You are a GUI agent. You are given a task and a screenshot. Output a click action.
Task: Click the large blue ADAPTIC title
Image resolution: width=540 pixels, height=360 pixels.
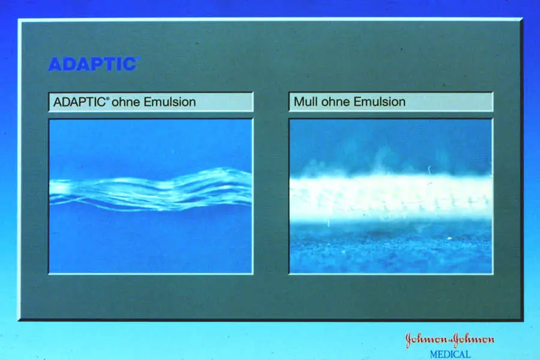click(x=92, y=64)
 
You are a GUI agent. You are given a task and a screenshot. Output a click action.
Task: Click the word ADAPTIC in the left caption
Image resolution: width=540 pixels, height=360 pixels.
click(x=79, y=102)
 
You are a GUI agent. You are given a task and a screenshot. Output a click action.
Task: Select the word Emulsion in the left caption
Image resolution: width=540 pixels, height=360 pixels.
click(x=170, y=102)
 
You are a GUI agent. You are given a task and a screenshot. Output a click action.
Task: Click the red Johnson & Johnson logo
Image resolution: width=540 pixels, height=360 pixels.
click(x=450, y=340)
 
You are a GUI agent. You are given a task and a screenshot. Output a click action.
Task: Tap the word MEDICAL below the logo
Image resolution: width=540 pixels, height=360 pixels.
click(x=450, y=355)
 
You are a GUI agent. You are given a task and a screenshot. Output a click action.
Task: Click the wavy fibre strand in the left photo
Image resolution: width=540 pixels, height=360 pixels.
click(x=151, y=190)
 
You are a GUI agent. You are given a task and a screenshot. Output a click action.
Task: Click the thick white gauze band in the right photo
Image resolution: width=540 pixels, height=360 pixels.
click(x=391, y=196)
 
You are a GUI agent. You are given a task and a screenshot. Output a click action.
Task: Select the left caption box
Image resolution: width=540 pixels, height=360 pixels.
click(x=151, y=102)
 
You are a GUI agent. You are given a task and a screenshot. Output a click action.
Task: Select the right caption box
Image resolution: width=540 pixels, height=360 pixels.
click(x=391, y=101)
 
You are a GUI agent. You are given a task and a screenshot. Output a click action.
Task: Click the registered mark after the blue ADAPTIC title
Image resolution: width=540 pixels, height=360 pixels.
click(x=139, y=59)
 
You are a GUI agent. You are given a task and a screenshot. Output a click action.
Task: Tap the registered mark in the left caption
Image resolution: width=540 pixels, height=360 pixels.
click(x=107, y=98)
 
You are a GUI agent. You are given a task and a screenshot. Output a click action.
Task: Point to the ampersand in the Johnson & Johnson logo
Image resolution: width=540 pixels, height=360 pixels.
click(x=449, y=341)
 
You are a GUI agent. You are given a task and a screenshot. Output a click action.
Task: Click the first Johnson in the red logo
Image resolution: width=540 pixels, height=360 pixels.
click(x=425, y=340)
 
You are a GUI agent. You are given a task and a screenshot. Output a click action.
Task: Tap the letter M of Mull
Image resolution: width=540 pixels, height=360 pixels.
click(x=298, y=101)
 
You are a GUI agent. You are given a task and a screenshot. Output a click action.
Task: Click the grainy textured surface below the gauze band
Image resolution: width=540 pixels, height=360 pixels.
click(x=391, y=248)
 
